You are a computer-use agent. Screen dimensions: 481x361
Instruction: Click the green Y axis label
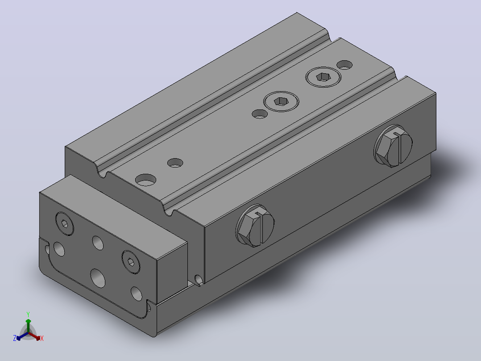click(x=28, y=314)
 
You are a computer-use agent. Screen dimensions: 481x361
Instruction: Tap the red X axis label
click(x=42, y=338)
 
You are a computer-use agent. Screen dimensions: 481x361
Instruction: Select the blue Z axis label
click(x=15, y=338)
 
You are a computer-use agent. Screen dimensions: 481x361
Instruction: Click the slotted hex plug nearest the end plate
click(x=255, y=226)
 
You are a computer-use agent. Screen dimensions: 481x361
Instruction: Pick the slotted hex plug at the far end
click(x=393, y=146)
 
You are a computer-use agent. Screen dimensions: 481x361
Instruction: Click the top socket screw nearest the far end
click(x=323, y=77)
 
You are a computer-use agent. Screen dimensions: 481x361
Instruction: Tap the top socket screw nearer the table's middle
click(x=281, y=101)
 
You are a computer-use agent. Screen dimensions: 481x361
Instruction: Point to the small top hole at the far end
click(x=344, y=65)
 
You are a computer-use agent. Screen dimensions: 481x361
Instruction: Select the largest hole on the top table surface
click(x=146, y=180)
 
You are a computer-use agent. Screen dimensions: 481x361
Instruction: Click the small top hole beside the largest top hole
click(x=175, y=163)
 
